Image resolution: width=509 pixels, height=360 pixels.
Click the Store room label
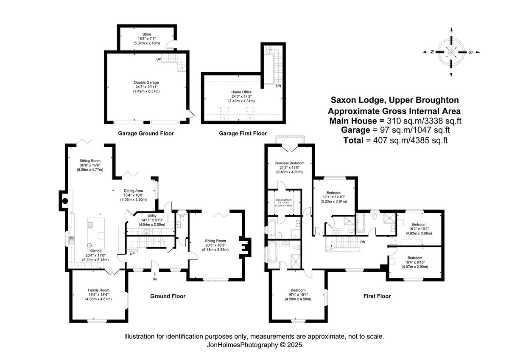(146, 34)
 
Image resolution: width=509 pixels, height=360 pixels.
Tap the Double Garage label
(146, 82)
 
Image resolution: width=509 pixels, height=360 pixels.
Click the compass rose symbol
(451, 52)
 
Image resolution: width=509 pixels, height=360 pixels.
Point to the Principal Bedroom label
(289, 163)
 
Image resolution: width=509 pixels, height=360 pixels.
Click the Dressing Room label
(283, 200)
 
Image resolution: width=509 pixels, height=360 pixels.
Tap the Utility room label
(152, 216)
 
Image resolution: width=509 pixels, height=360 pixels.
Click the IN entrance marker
(155, 279)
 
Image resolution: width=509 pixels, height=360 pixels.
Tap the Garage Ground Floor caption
(146, 133)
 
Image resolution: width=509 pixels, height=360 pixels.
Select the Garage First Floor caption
(243, 133)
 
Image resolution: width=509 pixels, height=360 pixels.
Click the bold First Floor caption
(377, 296)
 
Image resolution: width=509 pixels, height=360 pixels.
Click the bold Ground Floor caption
(168, 296)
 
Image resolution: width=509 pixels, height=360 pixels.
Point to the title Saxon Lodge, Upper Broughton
(395, 101)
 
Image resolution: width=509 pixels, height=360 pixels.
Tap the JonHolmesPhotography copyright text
(254, 345)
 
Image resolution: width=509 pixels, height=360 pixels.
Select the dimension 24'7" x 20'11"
(146, 87)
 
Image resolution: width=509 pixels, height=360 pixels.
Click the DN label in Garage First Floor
(278, 86)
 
